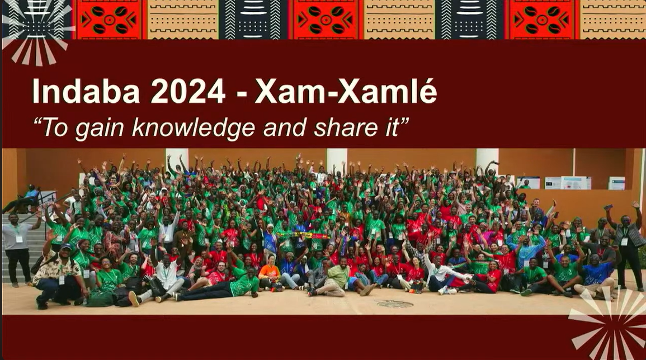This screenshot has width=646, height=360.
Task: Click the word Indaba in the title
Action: (x=86, y=91)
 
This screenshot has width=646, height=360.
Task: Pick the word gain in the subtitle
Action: (x=100, y=129)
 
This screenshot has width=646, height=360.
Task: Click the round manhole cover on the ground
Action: (x=395, y=304)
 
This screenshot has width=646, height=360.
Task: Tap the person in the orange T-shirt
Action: (x=270, y=274)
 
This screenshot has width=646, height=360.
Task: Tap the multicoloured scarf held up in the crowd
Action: (x=303, y=235)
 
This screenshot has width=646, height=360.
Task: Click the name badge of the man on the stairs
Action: (x=19, y=239)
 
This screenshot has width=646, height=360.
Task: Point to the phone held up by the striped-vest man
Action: (x=609, y=207)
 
